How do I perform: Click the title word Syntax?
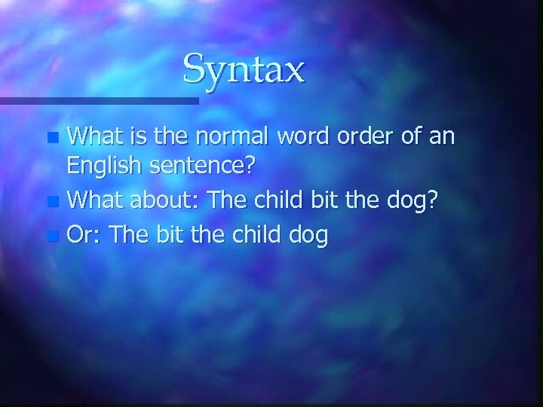point(244,70)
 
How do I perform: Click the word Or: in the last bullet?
point(84,235)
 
